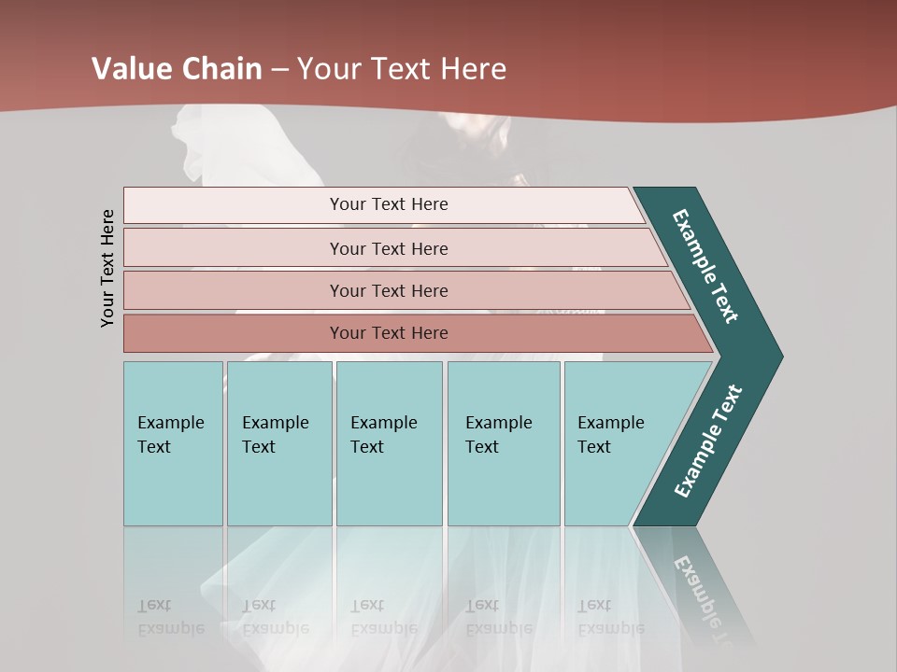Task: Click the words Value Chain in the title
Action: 177,68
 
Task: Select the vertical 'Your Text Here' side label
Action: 107,268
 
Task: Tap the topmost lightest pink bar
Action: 389,204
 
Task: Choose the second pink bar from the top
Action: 389,248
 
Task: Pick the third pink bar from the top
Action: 389,290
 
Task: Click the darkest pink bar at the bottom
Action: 389,333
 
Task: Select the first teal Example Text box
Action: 173,443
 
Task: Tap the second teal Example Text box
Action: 278,443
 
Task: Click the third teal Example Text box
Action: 388,443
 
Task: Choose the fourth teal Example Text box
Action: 503,443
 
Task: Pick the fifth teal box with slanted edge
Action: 617,443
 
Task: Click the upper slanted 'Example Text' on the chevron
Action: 705,266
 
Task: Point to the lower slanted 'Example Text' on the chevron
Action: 707,441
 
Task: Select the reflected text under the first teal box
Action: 170,617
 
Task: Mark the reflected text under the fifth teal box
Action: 610,617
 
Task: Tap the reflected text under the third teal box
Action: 383,617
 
